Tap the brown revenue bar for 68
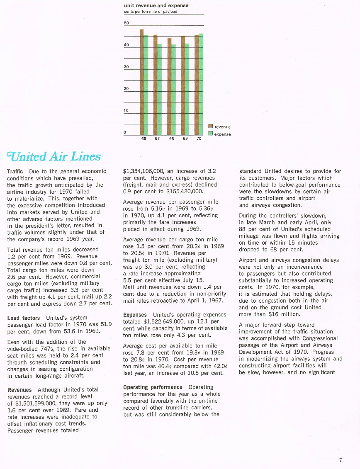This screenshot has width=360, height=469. [x=169, y=87]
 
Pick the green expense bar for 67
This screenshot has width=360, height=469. [x=160, y=89]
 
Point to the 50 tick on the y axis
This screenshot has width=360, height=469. [x=126, y=23]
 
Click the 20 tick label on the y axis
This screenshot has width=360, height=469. [x=126, y=89]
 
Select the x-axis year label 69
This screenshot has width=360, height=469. [x=185, y=139]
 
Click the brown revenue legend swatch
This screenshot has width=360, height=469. [x=210, y=126]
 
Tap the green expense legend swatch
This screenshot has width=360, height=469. [x=210, y=134]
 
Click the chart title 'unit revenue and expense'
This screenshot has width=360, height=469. [x=156, y=5]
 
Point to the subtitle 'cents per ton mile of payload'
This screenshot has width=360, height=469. [x=151, y=12]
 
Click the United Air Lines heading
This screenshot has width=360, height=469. [x=54, y=157]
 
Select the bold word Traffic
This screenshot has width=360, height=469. [x=15, y=171]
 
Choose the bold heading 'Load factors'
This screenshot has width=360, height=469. [x=24, y=318]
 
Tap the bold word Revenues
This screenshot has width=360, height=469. [x=19, y=390]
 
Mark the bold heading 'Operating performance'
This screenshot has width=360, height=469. [x=153, y=387]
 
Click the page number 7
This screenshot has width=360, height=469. [x=340, y=460]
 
